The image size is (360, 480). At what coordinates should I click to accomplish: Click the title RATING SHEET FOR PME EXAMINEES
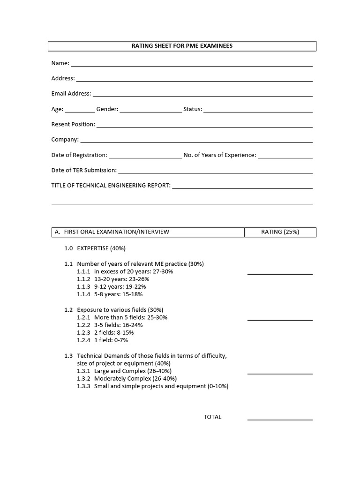(x=181, y=46)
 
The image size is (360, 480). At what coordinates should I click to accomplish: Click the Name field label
(x=60, y=63)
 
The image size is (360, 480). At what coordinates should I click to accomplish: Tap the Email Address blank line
(x=202, y=96)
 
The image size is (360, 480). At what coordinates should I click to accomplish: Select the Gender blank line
(x=151, y=112)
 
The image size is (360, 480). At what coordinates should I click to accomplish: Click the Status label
(x=192, y=109)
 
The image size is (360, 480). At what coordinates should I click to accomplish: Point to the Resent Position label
(x=73, y=124)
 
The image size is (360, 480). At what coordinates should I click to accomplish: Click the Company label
(x=65, y=140)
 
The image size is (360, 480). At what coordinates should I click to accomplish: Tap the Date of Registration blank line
(x=145, y=158)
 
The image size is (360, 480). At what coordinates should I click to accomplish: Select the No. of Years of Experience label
(x=220, y=155)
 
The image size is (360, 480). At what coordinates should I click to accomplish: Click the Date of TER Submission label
(x=84, y=170)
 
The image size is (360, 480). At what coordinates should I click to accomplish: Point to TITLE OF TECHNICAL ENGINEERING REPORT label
(x=111, y=186)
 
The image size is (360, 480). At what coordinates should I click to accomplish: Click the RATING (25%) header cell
(x=280, y=232)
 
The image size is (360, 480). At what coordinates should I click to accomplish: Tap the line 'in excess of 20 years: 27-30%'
(x=134, y=271)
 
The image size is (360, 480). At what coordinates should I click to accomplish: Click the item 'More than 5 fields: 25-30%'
(x=130, y=317)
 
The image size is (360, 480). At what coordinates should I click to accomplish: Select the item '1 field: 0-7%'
(x=111, y=340)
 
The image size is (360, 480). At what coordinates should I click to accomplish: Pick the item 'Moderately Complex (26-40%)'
(x=135, y=379)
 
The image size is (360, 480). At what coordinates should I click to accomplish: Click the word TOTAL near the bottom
(x=212, y=417)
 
